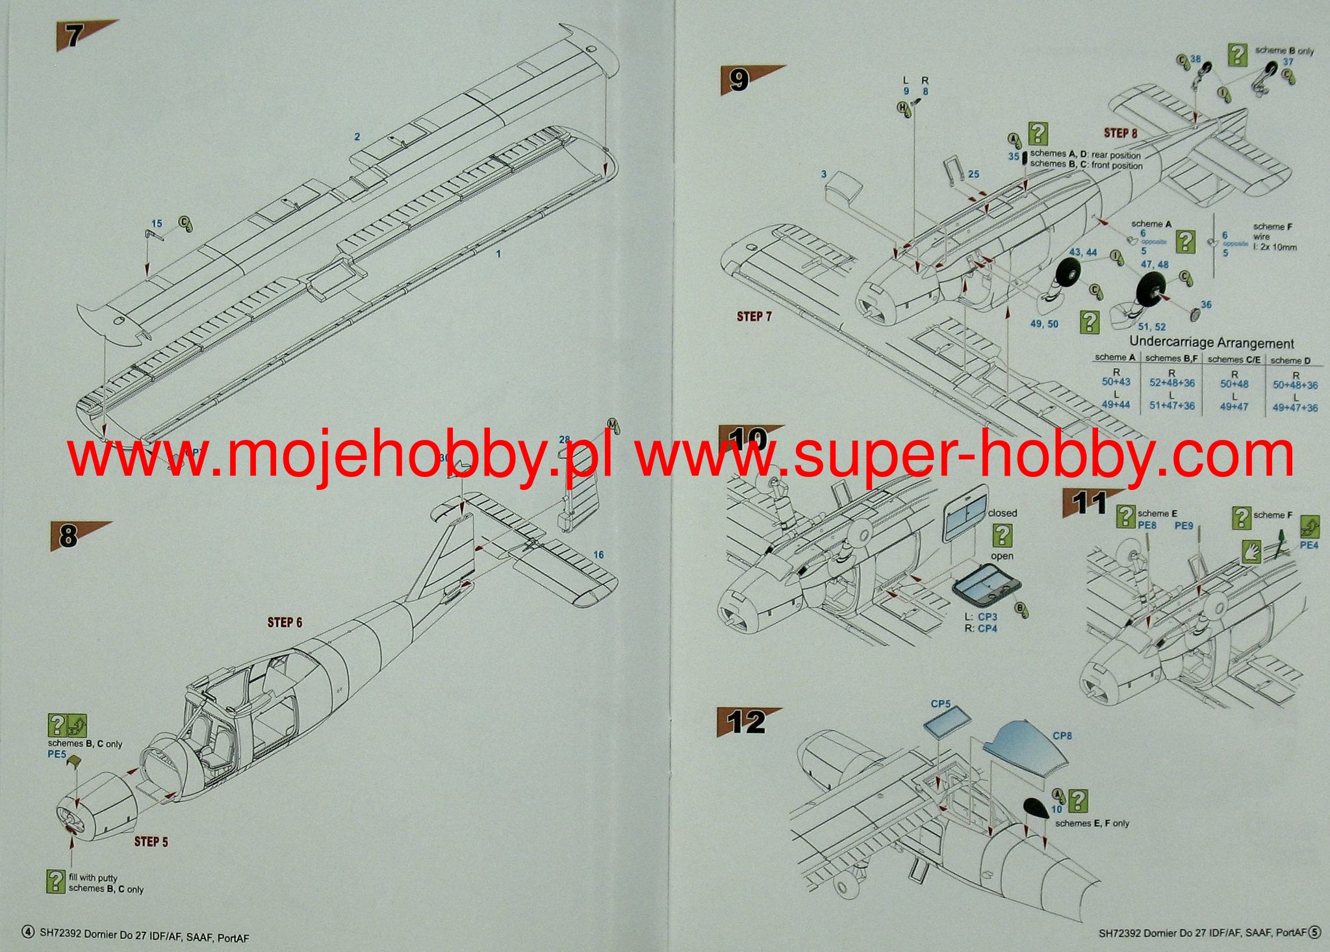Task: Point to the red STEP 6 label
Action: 285,623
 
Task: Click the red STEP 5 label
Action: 151,842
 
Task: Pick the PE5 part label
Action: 57,754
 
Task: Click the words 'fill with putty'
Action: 93,877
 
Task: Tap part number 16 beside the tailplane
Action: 598,554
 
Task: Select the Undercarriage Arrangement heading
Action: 1211,342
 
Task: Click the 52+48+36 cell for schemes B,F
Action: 1172,383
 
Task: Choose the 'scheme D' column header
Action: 1290,360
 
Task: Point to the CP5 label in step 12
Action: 940,704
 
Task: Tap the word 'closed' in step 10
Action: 1003,513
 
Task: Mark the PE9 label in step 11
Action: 1184,526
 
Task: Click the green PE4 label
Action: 1309,545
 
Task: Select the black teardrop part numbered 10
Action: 1035,808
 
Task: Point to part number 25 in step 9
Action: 973,174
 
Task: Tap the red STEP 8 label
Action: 1121,133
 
